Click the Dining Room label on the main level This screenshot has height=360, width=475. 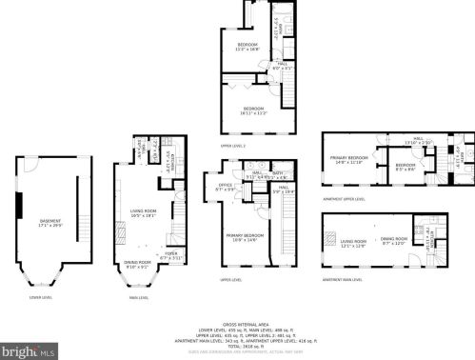tap(137, 264)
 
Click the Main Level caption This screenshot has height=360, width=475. tap(138, 298)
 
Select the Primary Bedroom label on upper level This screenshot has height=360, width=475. tap(243, 236)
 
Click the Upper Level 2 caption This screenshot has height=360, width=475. tap(233, 146)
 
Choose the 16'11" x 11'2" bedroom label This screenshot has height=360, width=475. tap(254, 110)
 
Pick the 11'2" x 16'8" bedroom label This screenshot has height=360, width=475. tap(247, 47)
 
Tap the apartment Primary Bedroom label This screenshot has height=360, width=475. tap(348, 160)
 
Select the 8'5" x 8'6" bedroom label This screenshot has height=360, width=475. tap(406, 168)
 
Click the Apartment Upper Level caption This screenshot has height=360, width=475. tap(344, 199)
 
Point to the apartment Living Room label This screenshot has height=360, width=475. tap(354, 242)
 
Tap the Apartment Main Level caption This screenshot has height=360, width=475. tap(343, 280)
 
